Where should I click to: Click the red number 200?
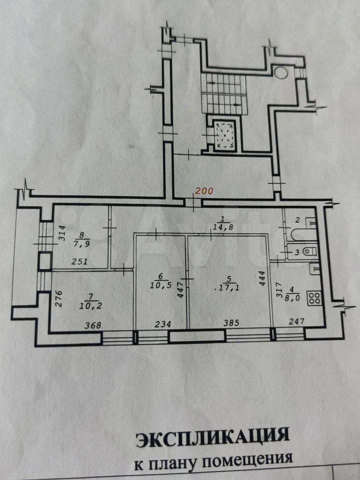click(x=204, y=191)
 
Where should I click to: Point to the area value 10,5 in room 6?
click(x=160, y=285)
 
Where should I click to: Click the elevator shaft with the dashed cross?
click(x=225, y=134)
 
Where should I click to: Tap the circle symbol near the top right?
click(x=280, y=72)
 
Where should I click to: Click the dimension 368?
click(x=93, y=325)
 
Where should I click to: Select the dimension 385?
click(x=231, y=322)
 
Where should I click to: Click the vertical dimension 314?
click(x=62, y=233)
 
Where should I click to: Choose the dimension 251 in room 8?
click(x=79, y=261)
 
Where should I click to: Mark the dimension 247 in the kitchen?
click(x=296, y=321)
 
